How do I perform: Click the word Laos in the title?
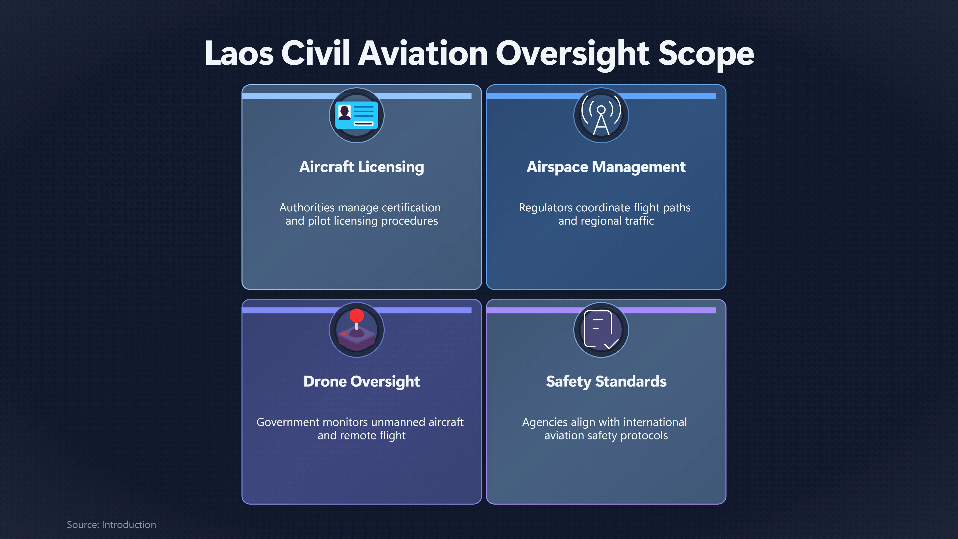pyautogui.click(x=239, y=53)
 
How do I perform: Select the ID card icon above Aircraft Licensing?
pyautogui.click(x=357, y=115)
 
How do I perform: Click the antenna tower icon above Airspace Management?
pyautogui.click(x=601, y=115)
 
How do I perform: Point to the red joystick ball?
pyautogui.click(x=357, y=315)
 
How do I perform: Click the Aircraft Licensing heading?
pyautogui.click(x=361, y=167)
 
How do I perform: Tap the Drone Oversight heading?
pyautogui.click(x=361, y=382)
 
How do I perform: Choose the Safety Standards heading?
pyautogui.click(x=606, y=382)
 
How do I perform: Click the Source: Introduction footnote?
pyautogui.click(x=112, y=525)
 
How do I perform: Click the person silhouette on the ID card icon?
pyautogui.click(x=344, y=112)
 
